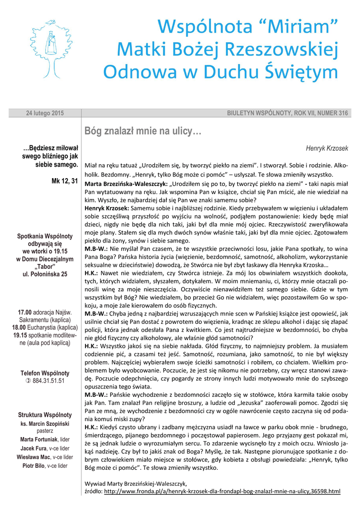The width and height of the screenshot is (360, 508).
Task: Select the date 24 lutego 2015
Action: click(x=45, y=114)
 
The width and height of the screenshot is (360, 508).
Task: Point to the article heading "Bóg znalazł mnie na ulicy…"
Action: click(x=144, y=131)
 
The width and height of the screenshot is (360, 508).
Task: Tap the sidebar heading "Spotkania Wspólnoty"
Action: click(x=45, y=236)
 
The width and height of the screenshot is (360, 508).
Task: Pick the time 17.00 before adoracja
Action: click(x=25, y=312)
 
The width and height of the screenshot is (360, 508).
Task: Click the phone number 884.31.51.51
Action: click(x=49, y=381)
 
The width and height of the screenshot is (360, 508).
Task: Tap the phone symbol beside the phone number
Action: click(x=28, y=381)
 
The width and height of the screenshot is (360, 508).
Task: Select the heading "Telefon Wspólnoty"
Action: click(x=45, y=373)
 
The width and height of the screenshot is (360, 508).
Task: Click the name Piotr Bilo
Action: click(x=33, y=466)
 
